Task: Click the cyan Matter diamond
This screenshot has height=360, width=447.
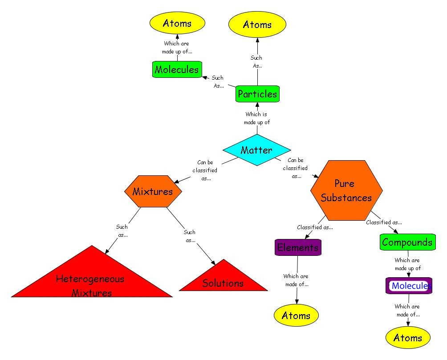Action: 256,150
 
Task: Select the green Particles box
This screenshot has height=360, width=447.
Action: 257,94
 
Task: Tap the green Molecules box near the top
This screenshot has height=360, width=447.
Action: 177,69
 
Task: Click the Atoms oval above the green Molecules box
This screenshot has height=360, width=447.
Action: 177,23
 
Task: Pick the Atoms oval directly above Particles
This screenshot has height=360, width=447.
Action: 257,24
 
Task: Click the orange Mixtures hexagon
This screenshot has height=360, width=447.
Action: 153,191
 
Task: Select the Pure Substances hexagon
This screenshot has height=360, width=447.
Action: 346,190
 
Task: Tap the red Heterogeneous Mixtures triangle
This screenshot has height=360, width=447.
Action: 91,280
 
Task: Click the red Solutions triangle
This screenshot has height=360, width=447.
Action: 223,280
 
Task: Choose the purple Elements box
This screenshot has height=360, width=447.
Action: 298,247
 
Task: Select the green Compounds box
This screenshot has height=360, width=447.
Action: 407,242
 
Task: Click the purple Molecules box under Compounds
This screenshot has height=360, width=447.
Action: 409,286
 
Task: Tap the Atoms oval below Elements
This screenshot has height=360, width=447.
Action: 296,316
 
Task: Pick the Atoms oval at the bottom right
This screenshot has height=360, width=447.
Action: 408,338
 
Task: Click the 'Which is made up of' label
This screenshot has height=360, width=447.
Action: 256,118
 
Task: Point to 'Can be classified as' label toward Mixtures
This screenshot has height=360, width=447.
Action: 205,170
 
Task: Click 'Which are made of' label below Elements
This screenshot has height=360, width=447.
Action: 296,280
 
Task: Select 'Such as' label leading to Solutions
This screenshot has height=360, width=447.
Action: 190,236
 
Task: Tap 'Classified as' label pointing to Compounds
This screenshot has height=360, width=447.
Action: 384,222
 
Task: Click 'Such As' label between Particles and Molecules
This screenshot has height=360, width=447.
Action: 218,82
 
